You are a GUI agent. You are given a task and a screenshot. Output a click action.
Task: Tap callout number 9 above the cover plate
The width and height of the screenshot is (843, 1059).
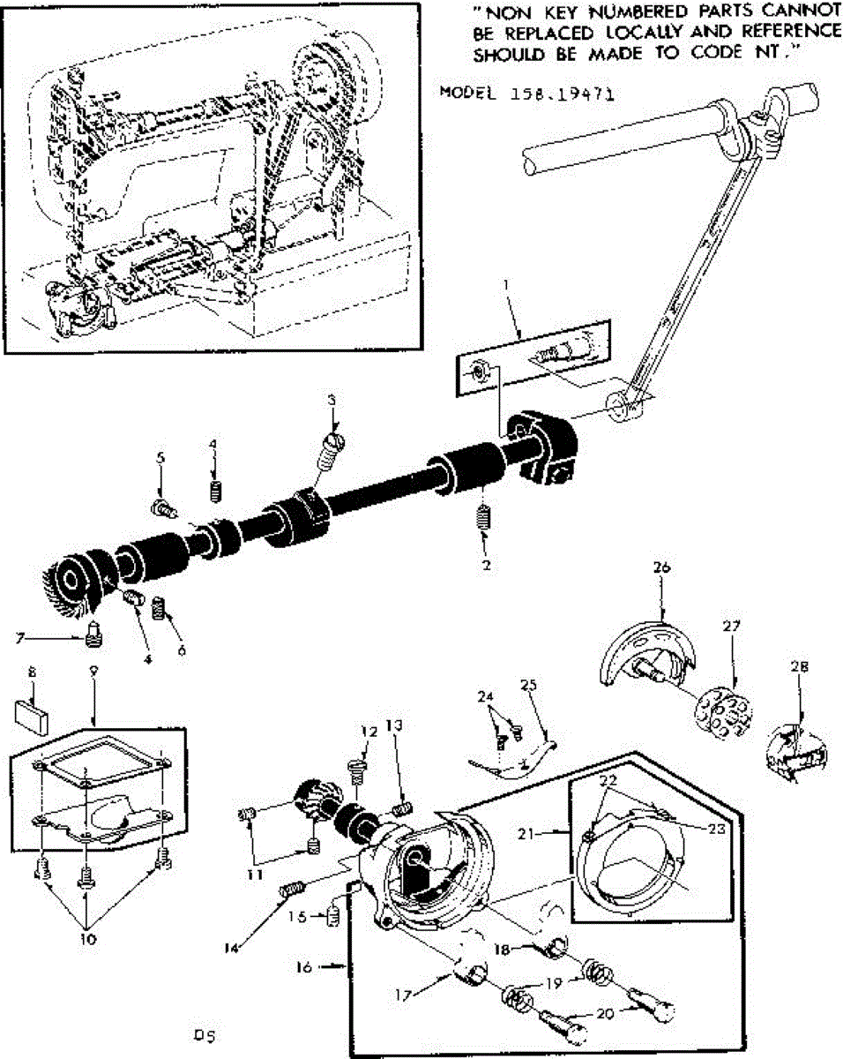point(93,671)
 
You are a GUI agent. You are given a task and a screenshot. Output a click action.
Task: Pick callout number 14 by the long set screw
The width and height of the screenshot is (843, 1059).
point(232,949)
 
